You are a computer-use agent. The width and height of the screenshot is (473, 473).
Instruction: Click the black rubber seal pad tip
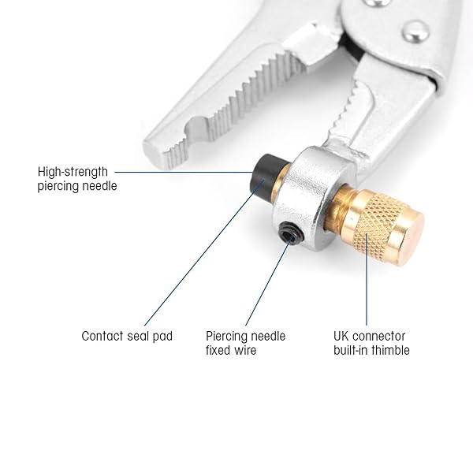point(266,175)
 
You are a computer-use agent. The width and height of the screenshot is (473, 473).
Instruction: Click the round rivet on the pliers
point(415,32)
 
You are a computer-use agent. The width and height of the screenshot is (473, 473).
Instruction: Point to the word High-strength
point(73,172)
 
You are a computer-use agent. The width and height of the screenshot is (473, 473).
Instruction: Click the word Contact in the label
point(102,336)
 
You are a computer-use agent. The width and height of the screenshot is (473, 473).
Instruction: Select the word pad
point(163,337)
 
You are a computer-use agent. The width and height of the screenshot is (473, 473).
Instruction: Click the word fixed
point(218,350)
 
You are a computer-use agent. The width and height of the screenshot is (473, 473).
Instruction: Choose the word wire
point(246,350)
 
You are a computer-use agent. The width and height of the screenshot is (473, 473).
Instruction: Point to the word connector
point(380,336)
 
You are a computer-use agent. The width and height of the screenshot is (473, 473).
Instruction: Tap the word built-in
point(351,350)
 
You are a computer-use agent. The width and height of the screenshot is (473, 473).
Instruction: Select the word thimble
point(391,350)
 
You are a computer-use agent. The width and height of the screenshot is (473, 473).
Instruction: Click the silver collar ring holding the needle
point(311,196)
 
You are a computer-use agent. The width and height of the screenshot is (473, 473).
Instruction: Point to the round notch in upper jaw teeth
point(196,127)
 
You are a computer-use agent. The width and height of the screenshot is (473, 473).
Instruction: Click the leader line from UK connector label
point(367,279)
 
